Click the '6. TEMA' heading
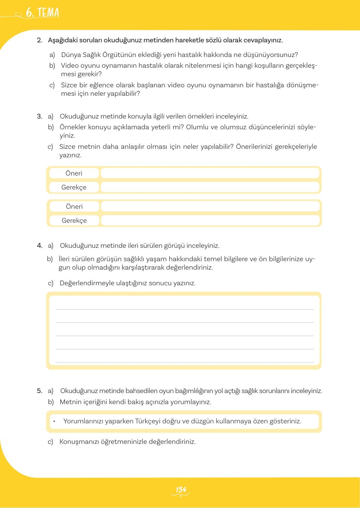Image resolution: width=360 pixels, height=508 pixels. [42, 12]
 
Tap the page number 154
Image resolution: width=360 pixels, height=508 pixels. [181, 490]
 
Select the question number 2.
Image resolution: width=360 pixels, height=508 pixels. [39, 40]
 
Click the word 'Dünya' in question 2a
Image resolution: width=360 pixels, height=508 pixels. [71, 55]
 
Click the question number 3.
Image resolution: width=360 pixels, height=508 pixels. [39, 116]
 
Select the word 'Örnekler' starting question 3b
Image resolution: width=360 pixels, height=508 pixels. [73, 127]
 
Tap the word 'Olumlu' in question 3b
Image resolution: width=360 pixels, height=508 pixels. [197, 127]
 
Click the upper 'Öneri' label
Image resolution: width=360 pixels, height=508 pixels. [74, 173]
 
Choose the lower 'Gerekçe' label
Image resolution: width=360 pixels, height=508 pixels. [74, 220]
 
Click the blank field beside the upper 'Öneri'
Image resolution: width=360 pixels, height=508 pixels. [210, 173]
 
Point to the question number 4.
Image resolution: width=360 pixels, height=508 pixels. [39, 246]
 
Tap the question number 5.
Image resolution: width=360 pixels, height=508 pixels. [39, 391]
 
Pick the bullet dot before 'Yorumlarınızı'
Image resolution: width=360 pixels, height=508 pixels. [54, 421]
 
